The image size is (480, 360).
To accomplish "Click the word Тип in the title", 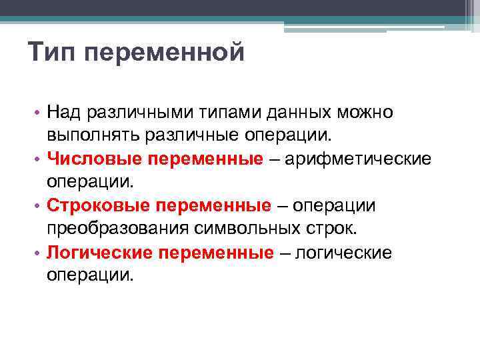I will pos(53,52).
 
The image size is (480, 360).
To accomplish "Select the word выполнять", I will pos(91,136).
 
